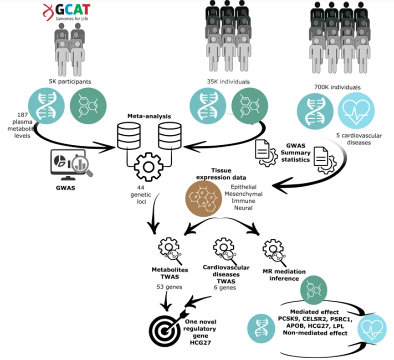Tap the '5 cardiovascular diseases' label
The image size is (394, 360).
point(358,138)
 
